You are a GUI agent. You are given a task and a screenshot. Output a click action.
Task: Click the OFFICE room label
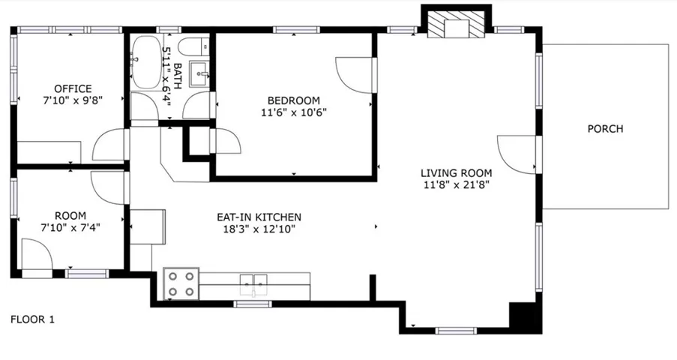pos(73,88)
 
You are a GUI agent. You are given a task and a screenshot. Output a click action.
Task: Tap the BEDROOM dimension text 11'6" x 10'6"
pos(294,112)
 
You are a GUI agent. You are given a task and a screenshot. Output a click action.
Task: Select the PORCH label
pos(605,129)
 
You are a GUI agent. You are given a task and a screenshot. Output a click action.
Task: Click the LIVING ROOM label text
pos(457,173)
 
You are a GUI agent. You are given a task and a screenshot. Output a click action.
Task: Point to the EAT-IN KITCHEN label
pos(259,217)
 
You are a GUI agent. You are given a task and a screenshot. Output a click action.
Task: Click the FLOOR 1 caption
pos(32,319)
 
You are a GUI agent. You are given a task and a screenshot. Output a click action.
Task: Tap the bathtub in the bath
pos(146,63)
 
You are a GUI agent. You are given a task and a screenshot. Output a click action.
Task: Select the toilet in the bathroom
pos(194,46)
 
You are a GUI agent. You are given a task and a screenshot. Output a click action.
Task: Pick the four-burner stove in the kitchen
pos(181,283)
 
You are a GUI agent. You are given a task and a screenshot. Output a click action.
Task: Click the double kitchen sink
pos(254,284)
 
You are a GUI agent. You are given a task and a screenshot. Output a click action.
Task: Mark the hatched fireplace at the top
pos(456,24)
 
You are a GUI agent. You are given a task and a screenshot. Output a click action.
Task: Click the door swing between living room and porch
pos(517,154)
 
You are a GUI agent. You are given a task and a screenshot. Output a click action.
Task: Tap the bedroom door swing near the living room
pos(354,75)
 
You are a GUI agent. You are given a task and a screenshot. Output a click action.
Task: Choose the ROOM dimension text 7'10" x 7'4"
pos(70,228)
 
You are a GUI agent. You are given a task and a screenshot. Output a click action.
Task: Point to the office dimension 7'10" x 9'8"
pos(73,100)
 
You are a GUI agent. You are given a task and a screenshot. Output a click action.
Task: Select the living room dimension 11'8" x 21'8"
pos(457,185)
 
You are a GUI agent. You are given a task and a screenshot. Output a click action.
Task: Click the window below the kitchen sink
pos(253,304)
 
